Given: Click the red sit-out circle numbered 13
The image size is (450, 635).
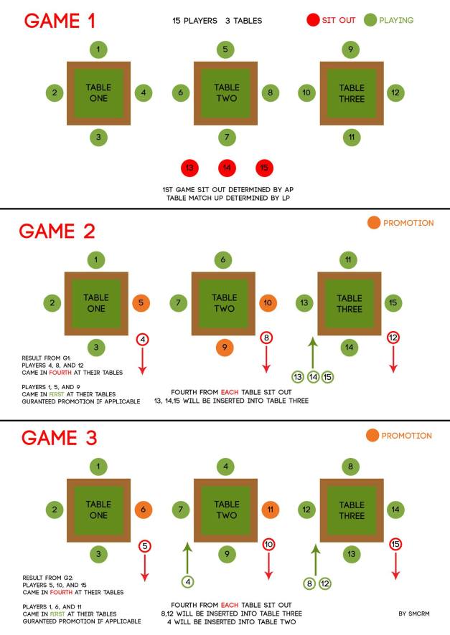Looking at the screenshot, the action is point(189,168).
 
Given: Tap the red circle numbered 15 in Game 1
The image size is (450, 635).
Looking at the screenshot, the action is point(264,168).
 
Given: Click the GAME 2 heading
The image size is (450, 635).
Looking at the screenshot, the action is point(57,231).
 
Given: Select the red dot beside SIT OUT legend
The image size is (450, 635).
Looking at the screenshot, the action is point(313,20).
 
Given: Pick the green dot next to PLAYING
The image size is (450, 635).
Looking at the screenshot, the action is point(370,20).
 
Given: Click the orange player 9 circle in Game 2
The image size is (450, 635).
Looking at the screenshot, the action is point(225,347).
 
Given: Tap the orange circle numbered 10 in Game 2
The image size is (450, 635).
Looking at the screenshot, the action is point(268,302).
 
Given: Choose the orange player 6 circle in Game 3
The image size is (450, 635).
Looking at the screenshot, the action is point(143,510).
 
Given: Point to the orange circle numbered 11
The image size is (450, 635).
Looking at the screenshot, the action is point(270,510).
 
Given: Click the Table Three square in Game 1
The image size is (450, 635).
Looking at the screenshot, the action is point(352,93).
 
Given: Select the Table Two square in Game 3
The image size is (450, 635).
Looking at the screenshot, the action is point(226,510).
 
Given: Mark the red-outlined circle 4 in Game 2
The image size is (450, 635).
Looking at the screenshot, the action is point(142,339).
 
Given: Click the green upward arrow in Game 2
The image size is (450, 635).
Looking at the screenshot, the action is point(313,353).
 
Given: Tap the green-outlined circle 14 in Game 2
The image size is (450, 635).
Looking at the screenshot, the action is point(313,377).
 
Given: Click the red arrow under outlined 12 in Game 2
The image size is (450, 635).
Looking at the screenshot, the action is point(393,359).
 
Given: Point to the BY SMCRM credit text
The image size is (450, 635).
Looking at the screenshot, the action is point(414,613).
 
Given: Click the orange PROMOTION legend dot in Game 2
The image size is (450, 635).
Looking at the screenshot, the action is point(374,222).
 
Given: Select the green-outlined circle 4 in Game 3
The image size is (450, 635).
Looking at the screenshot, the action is point(188,582).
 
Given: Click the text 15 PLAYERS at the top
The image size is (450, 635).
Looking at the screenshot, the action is point(194,21).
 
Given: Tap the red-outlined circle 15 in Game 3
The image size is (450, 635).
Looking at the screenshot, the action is point(395,544).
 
